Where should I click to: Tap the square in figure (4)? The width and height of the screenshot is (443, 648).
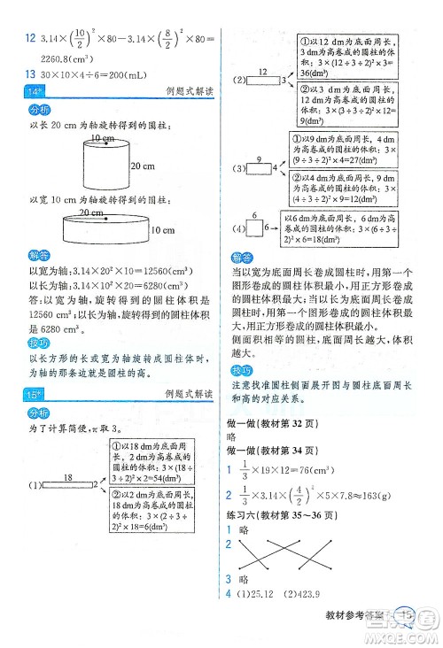254,229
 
